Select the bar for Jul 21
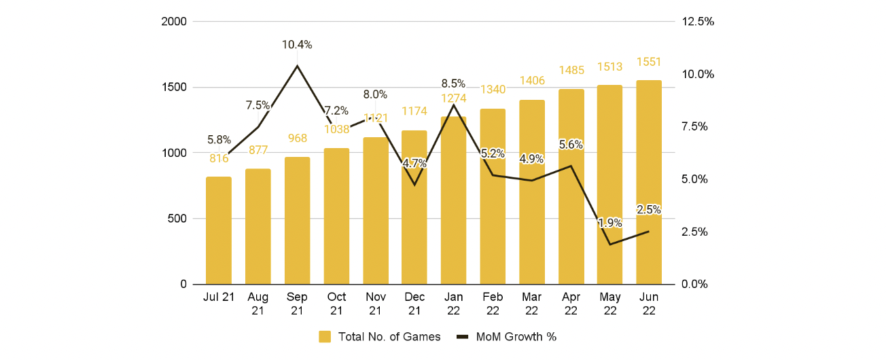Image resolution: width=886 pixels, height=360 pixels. click(219, 230)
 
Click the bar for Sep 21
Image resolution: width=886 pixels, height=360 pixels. click(297, 220)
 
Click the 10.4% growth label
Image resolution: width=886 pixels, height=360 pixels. click(297, 45)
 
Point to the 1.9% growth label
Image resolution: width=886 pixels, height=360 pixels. click(609, 223)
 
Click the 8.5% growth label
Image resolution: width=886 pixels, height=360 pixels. click(453, 84)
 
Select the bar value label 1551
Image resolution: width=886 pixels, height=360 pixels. click(649, 62)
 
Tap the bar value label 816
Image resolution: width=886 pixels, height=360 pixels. click(219, 158)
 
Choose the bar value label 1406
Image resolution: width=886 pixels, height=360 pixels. click(532, 81)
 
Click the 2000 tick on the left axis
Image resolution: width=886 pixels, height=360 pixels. click(174, 22)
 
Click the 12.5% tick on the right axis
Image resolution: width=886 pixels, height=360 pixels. click(698, 22)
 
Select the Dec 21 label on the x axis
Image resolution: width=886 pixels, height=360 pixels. click(414, 303)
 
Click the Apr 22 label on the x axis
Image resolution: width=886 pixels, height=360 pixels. click(571, 303)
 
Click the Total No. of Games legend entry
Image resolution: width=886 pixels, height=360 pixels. click(380, 337)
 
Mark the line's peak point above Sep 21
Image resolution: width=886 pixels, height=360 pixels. click(297, 66)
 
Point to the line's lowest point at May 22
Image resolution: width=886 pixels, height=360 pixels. click(610, 244)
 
